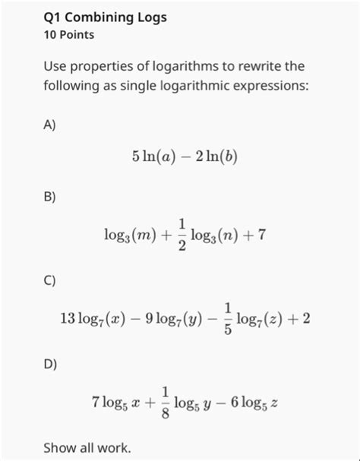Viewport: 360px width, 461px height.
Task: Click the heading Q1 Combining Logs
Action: point(105,17)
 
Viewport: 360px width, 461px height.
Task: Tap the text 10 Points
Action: point(69,35)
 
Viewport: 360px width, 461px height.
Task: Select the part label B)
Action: point(50,197)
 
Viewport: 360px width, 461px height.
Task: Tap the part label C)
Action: point(50,280)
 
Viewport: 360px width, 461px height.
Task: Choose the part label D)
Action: point(50,364)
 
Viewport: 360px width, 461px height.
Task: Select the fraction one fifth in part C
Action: point(228,319)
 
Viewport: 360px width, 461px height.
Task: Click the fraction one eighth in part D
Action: point(165,403)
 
